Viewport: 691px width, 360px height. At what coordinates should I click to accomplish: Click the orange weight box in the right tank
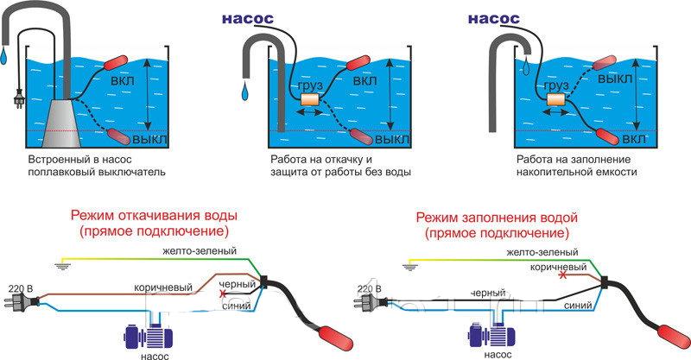(556, 99)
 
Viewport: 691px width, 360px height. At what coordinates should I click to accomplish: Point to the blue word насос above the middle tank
(248, 18)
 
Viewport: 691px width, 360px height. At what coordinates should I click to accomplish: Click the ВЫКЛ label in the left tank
(149, 140)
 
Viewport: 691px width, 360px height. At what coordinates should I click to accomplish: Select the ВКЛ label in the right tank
(634, 139)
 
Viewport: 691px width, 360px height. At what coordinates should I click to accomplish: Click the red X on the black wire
(223, 294)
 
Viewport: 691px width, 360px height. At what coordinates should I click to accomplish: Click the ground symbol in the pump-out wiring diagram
(62, 265)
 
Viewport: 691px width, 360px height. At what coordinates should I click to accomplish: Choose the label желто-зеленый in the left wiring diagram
(200, 251)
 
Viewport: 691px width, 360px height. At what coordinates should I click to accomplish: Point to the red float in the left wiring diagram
(335, 338)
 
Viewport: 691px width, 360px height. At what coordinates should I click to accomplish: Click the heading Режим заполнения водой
(497, 218)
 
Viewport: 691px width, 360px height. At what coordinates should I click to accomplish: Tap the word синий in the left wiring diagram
(236, 306)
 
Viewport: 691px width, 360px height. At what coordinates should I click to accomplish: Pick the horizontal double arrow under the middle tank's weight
(311, 113)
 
